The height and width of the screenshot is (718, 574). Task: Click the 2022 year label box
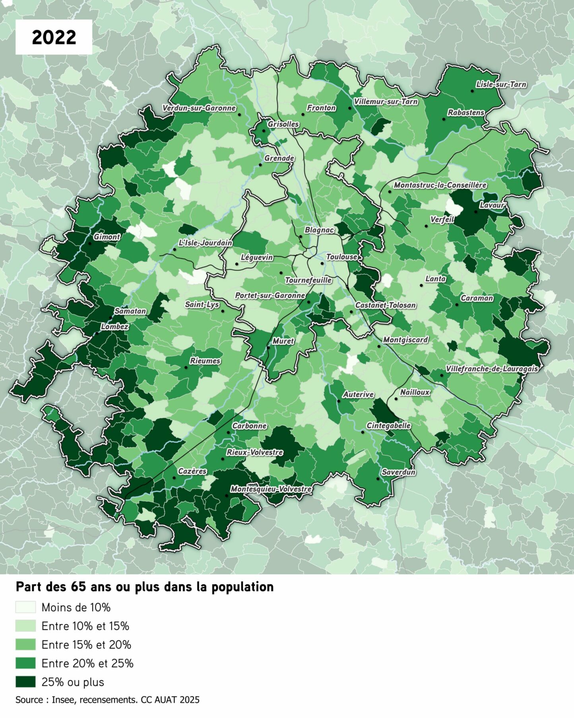pyautogui.click(x=54, y=37)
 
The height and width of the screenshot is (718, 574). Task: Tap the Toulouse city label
pyautogui.click(x=341, y=257)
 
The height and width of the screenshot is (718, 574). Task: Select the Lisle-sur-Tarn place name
pyautogui.click(x=501, y=84)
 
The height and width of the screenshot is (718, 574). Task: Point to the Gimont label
pyautogui.click(x=107, y=237)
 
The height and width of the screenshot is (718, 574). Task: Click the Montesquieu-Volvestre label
pyautogui.click(x=271, y=489)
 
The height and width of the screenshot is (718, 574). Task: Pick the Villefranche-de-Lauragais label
pyautogui.click(x=491, y=369)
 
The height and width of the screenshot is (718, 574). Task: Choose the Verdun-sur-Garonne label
pyautogui.click(x=199, y=108)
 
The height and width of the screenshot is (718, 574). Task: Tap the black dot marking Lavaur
pyautogui.click(x=475, y=212)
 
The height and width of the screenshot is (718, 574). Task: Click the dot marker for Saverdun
pyautogui.click(x=378, y=479)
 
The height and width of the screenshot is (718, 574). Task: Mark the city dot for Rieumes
pyautogui.click(x=186, y=367)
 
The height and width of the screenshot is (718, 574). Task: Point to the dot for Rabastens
pyautogui.click(x=444, y=119)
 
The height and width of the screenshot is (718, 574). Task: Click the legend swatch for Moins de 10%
pyautogui.click(x=25, y=607)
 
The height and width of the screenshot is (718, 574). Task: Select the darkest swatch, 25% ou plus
pyautogui.click(x=25, y=682)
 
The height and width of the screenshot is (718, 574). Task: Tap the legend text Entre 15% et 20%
pyautogui.click(x=86, y=644)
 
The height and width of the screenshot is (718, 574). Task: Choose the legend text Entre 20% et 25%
pyautogui.click(x=87, y=663)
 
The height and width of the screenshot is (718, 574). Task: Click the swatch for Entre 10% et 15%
pyautogui.click(x=25, y=626)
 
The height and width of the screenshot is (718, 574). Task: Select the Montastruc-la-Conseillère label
pyautogui.click(x=440, y=185)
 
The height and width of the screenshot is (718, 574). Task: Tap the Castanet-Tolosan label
pyautogui.click(x=386, y=305)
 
